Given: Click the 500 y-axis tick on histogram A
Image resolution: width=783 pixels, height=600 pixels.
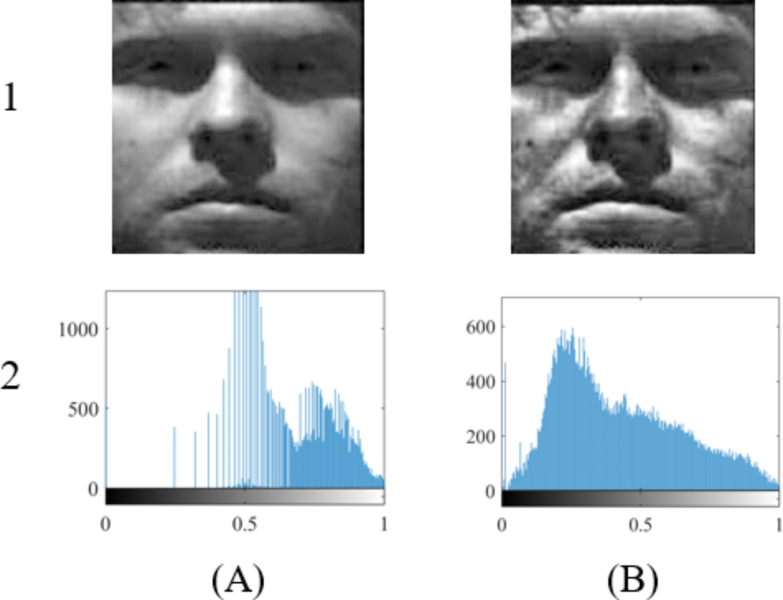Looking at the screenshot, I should [83, 409].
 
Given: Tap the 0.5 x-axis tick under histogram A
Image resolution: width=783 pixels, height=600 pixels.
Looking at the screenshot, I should [244, 524].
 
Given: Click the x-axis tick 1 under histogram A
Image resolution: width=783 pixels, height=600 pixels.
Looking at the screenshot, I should [384, 524].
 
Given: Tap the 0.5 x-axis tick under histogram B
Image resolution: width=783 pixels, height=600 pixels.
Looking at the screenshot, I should [640, 525].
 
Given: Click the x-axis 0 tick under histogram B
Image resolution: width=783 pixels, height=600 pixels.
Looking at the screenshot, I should [502, 525].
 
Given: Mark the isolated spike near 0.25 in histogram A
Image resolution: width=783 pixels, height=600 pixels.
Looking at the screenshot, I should [174, 456].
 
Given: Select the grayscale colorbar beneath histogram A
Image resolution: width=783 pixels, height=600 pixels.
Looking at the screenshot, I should [245, 496].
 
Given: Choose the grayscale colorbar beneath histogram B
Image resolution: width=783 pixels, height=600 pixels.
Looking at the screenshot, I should [640, 498].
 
